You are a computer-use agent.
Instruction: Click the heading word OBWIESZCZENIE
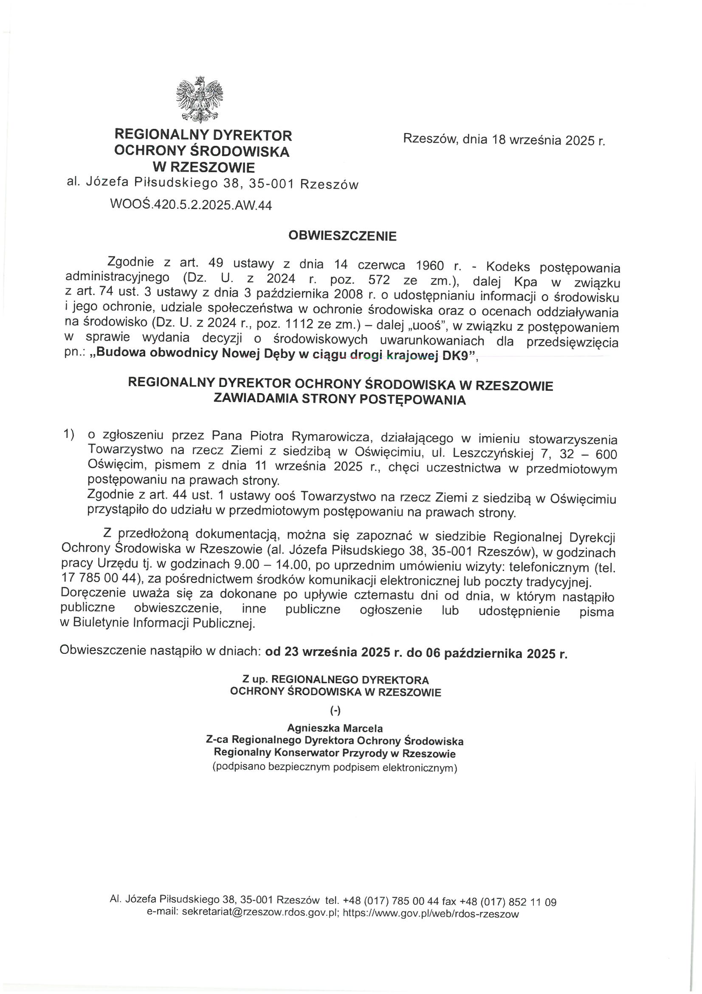[x=342, y=236]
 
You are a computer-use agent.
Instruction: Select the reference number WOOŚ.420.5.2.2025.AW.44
[x=191, y=204]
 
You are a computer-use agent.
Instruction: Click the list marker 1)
[x=69, y=433]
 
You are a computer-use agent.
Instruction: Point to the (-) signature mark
[x=335, y=711]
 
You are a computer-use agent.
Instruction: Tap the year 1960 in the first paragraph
[x=429, y=264]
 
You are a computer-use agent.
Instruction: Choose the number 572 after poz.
[x=380, y=280]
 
